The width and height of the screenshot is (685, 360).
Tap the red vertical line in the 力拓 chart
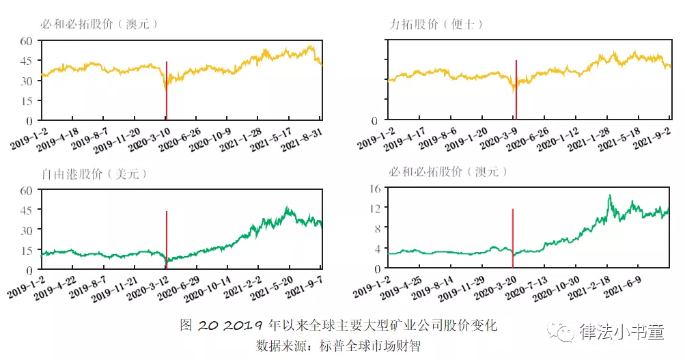point(516,89)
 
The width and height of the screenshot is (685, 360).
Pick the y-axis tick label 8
point(376,229)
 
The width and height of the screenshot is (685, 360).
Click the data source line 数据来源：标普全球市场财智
point(338,344)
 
